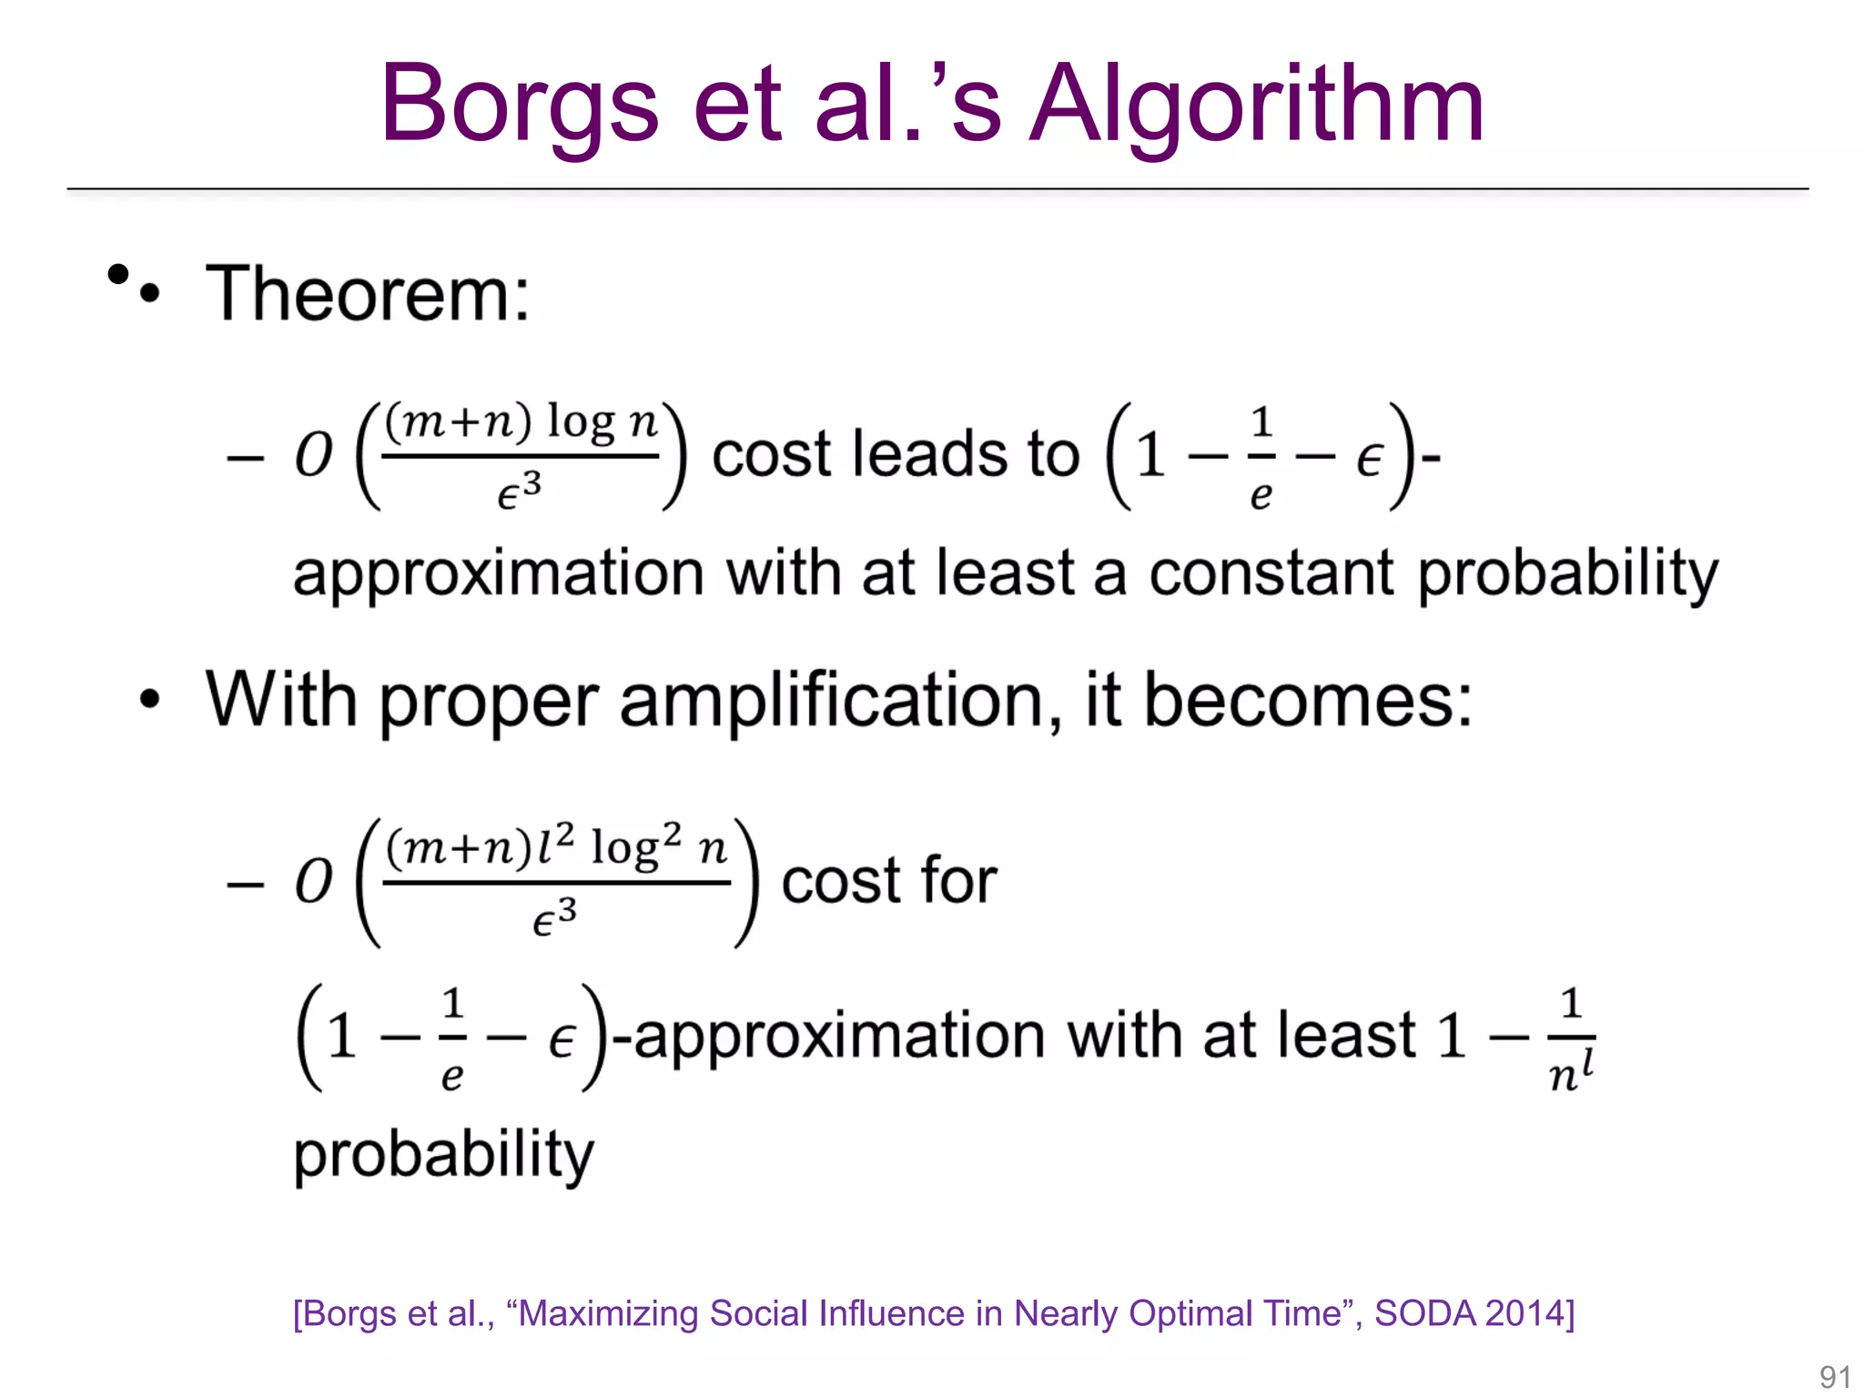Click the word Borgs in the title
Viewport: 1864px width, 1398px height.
(519, 105)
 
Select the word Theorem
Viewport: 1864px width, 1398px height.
(367, 294)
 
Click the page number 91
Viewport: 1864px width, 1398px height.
(1834, 1377)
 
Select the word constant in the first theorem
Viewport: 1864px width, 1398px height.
(1271, 573)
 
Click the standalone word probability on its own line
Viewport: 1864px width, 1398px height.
(443, 1154)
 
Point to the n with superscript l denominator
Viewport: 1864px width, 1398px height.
(1571, 1071)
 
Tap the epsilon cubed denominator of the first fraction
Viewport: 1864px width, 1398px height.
(519, 492)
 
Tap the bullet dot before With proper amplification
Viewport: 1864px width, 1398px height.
(150, 699)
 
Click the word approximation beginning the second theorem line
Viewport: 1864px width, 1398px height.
(498, 573)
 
